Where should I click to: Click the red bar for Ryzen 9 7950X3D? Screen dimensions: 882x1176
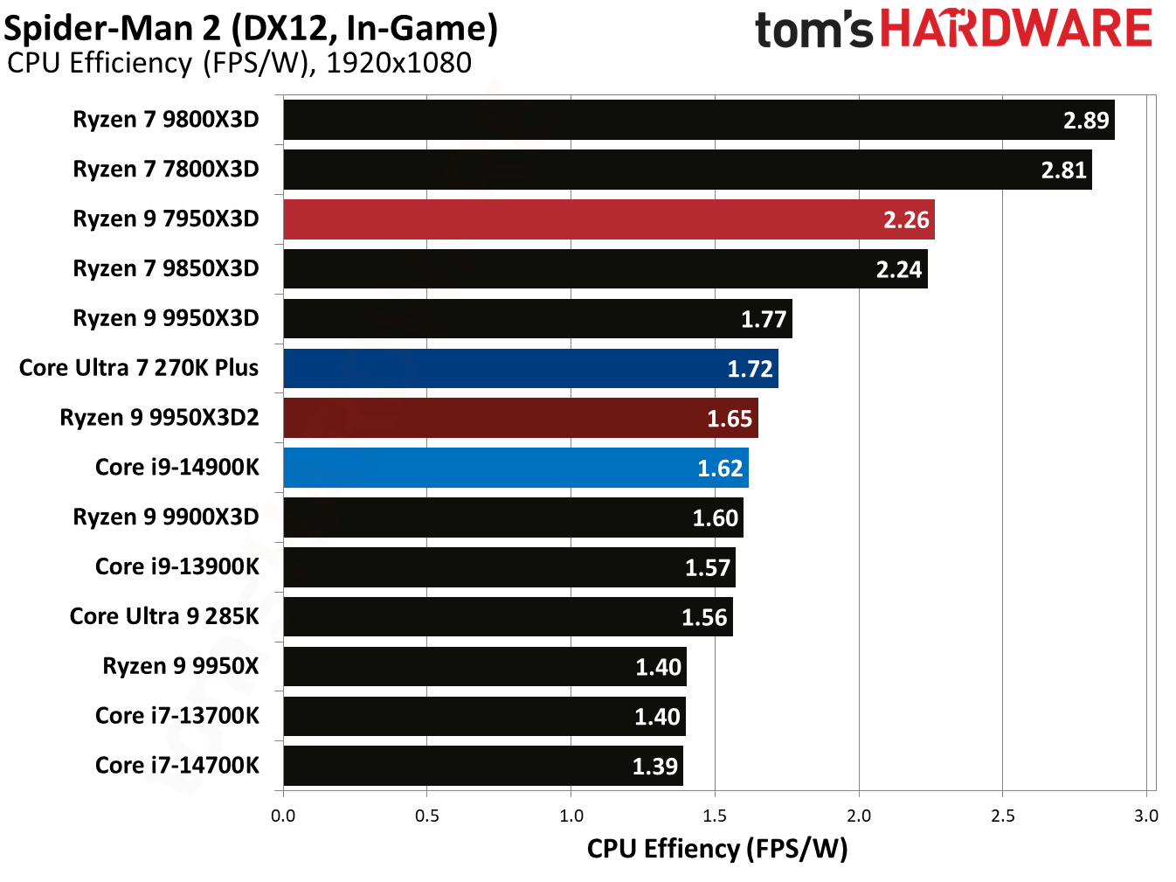click(x=608, y=219)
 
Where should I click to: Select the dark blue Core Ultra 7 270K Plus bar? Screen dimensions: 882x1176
click(x=530, y=368)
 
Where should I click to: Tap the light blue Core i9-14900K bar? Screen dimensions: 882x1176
click(x=515, y=468)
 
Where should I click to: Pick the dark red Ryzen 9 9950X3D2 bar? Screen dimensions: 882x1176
click(x=521, y=418)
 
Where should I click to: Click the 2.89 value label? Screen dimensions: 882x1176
click(x=1085, y=121)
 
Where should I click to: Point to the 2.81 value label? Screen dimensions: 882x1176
click(x=1063, y=170)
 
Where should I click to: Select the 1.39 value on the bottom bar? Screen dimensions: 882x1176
click(x=654, y=767)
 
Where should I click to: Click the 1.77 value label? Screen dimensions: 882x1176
click(x=764, y=319)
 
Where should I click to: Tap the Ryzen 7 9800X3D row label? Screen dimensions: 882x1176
click(x=166, y=120)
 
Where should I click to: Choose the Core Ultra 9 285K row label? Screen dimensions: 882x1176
click(x=164, y=616)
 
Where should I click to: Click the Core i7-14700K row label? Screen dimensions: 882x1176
click(x=177, y=766)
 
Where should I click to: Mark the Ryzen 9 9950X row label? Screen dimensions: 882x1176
click(x=181, y=666)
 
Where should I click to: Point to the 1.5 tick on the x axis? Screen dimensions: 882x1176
click(x=715, y=816)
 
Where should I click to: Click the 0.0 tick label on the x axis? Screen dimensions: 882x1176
click(x=283, y=816)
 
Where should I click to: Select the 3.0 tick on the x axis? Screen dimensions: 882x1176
click(x=1145, y=816)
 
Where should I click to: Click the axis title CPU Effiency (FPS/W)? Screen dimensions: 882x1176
click(x=716, y=849)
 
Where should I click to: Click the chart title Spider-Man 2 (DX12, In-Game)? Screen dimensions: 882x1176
click(x=252, y=28)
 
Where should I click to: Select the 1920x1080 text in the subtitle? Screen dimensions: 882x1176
click(x=398, y=63)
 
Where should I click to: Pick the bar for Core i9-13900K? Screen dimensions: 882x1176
click(x=509, y=567)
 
